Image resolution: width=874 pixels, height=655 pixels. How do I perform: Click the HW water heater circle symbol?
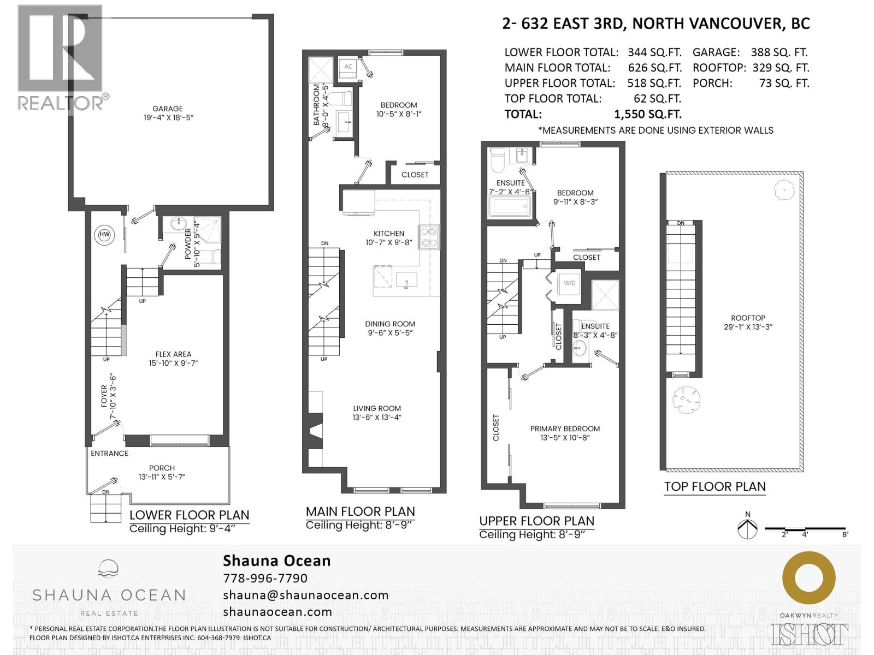pos(104,235)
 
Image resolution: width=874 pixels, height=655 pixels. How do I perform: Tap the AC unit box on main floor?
pos(348,67)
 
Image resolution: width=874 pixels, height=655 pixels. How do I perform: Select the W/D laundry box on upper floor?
pos(569,283)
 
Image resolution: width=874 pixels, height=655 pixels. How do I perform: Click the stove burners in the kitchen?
pos(428,237)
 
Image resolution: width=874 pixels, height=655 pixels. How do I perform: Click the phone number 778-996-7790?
pos(265,578)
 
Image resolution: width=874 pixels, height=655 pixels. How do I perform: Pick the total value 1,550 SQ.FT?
pos(648,114)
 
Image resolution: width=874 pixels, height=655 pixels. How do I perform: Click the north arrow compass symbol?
pos(747,528)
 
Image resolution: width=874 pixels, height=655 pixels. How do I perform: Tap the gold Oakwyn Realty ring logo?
pos(808,578)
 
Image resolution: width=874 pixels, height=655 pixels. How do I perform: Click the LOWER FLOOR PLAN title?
pos(189,515)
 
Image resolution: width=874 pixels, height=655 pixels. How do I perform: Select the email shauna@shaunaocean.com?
pos(306,595)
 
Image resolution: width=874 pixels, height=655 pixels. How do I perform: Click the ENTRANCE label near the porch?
pos(109,453)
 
